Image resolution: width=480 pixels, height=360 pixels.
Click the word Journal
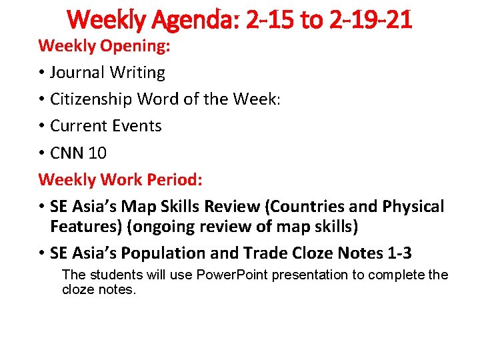[x=79, y=73]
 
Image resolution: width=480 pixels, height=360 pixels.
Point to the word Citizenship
[x=91, y=99]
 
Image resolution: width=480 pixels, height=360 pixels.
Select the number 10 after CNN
[x=97, y=153]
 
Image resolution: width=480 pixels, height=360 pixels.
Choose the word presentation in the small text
[x=307, y=275]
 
